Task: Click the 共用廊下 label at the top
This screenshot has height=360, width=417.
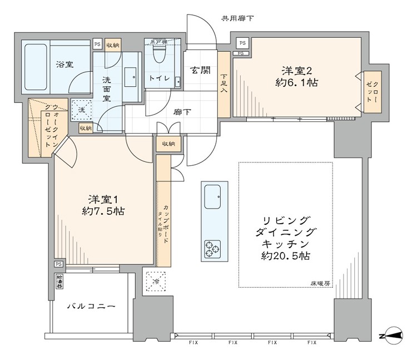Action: [x=237, y=18]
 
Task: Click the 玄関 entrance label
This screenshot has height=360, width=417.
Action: [x=200, y=70]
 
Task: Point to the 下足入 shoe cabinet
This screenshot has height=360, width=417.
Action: [x=224, y=84]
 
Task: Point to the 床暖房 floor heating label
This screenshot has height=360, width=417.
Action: [x=320, y=283]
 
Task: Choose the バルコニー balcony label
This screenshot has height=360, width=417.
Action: [x=91, y=307]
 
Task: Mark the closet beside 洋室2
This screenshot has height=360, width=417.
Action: [x=370, y=91]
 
